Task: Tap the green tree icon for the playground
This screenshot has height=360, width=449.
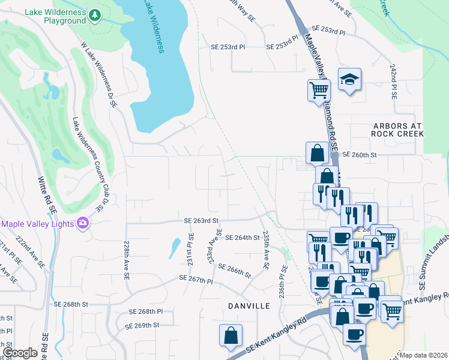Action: (94, 15)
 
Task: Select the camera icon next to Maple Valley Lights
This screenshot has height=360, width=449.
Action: (82, 224)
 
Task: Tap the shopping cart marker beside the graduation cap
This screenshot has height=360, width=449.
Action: (319, 90)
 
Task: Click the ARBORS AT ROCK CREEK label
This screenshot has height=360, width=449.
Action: (397, 130)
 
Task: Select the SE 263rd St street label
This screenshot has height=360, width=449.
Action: (200, 221)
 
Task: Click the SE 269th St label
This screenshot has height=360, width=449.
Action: (142, 325)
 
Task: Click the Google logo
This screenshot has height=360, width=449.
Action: (20, 353)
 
